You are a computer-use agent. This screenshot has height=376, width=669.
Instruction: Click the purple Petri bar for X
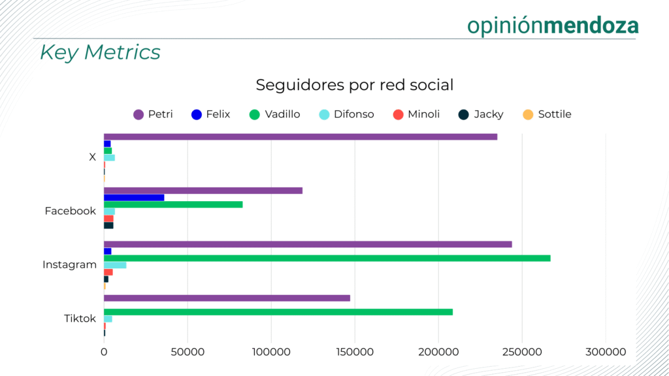tap(301, 136)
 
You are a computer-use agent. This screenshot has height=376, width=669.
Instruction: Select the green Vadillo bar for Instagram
tap(327, 258)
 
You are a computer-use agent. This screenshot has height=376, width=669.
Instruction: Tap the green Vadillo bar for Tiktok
tap(278, 312)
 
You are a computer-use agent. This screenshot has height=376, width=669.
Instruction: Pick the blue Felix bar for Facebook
tap(134, 197)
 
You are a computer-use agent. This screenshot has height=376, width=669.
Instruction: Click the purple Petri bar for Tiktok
tap(227, 298)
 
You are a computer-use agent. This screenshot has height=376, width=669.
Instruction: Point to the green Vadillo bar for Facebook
tap(173, 204)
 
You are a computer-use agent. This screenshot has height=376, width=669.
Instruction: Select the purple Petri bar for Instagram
tap(308, 244)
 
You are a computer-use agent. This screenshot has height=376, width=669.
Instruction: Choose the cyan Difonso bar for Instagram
tap(115, 265)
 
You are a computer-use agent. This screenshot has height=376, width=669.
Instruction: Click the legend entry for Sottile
tap(547, 114)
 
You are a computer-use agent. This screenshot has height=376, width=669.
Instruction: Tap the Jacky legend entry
tap(481, 114)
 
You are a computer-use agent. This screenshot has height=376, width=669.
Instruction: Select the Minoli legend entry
tap(416, 114)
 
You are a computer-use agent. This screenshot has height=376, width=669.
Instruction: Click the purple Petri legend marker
tap(139, 114)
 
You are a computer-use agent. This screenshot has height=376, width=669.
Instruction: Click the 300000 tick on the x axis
tap(606, 352)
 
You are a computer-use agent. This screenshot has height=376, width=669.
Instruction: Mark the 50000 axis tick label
tap(188, 352)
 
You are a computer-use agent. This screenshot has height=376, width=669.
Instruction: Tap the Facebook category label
tap(70, 211)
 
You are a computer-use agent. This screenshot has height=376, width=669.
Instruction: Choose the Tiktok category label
tap(80, 319)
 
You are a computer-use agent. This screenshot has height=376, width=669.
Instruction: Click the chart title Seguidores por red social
tap(354, 85)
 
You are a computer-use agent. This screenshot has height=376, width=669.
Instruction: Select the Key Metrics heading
tap(100, 52)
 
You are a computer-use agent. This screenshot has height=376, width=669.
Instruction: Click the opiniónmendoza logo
tap(553, 25)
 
